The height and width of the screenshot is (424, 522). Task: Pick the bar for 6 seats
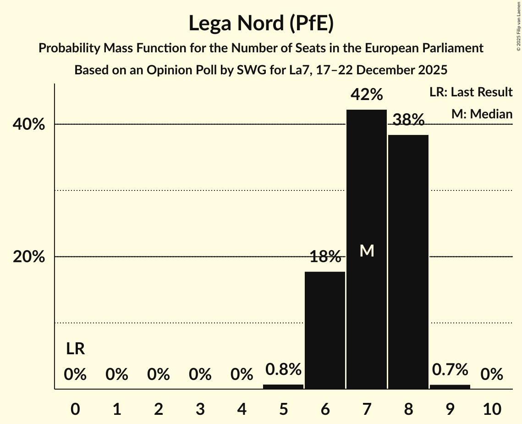click(325, 330)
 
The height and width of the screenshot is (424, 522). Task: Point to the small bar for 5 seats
click(283, 386)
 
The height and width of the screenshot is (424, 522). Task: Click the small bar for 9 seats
click(450, 386)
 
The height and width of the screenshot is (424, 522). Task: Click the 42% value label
click(367, 95)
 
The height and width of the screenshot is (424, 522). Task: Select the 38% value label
click(408, 120)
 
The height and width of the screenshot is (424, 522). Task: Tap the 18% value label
click(325, 257)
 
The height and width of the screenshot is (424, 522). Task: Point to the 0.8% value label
click(283, 369)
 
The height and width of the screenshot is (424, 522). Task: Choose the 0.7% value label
click(450, 369)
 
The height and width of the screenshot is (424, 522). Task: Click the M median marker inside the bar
click(367, 251)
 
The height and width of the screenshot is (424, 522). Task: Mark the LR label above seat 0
click(75, 349)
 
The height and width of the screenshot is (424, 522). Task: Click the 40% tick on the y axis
click(29, 124)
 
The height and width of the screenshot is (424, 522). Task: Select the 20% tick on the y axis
click(29, 257)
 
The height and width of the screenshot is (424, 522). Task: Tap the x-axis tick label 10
click(492, 409)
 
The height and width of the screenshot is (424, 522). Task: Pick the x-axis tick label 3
click(200, 409)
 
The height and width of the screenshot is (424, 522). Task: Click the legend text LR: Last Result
click(471, 92)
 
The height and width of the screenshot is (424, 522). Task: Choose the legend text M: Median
click(482, 114)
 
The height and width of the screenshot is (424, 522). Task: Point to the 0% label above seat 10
click(492, 375)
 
